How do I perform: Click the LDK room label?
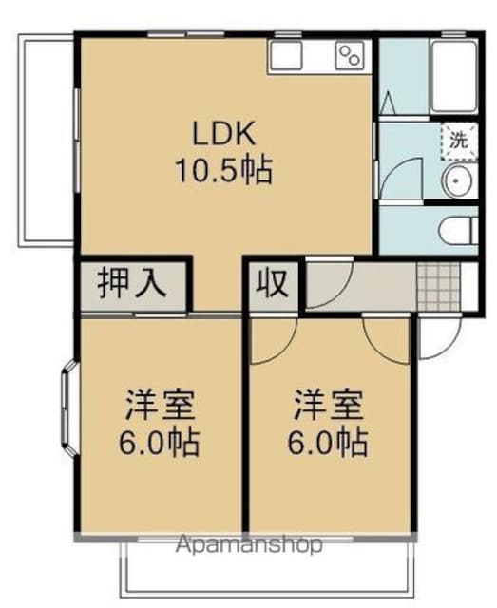pos(224,133)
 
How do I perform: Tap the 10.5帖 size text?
pos(224,170)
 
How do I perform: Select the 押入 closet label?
pos(132,283)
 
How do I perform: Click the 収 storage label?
pos(272,283)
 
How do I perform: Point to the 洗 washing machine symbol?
pos(459,141)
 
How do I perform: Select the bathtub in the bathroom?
pos(454,75)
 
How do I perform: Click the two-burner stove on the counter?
pos(350,55)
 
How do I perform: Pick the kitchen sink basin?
pos(286,55)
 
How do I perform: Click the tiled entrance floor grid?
pos(438,286)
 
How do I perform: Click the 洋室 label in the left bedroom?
pos(161,405)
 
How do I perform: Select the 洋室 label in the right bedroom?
pos(329,405)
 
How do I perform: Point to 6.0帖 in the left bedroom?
pos(160,442)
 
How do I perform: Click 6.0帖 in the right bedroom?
pos(328,442)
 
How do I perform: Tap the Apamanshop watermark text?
pos(249,545)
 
